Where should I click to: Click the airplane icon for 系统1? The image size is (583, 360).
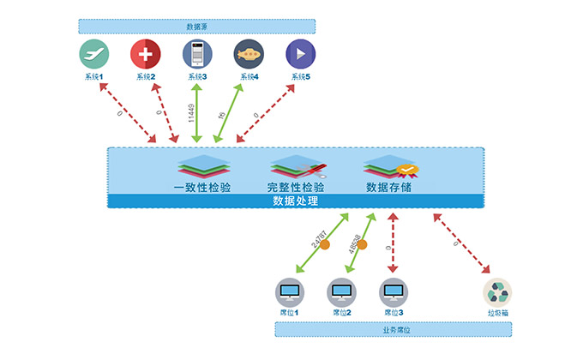93,54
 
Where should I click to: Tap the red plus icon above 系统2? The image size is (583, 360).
145,54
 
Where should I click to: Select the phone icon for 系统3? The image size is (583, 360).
197,54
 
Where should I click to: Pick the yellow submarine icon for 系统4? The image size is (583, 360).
249,54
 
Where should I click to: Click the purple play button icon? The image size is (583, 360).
300,54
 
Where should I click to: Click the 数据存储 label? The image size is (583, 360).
388,186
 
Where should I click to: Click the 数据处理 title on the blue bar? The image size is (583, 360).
296,201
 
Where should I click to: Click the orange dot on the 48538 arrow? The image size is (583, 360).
361,245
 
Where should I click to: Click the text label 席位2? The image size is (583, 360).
342,314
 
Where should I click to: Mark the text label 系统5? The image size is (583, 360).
300,77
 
